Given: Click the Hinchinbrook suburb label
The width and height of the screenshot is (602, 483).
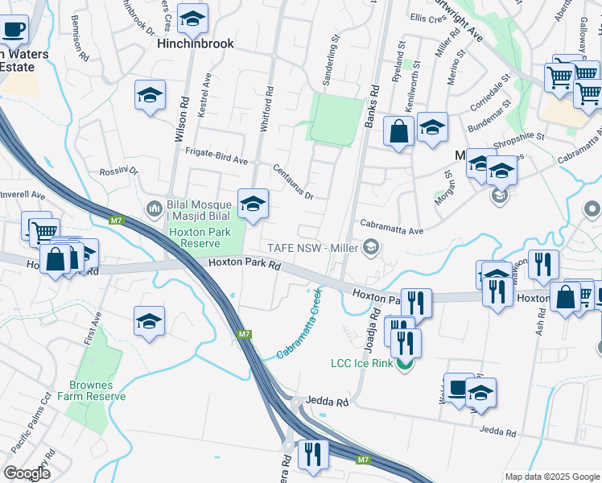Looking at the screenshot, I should [196, 43].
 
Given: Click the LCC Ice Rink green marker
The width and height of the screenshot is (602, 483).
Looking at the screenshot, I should [405, 364].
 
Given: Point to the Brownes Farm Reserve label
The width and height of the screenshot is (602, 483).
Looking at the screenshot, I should [96, 390].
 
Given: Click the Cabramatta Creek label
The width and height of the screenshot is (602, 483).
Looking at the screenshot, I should [299, 324].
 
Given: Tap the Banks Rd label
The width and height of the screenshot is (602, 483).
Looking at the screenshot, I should [372, 105].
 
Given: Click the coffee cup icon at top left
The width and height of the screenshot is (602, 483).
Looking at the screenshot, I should [14, 31].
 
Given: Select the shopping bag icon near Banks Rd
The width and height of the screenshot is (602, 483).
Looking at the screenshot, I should [399, 131].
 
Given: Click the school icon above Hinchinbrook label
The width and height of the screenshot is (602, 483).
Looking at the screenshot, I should [192, 19].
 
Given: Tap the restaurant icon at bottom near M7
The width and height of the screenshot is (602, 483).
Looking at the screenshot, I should [313, 453].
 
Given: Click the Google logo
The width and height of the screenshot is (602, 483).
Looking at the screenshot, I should [27, 473].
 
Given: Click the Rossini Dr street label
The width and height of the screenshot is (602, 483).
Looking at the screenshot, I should [119, 171].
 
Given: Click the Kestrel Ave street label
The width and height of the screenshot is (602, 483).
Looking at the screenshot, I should [204, 95].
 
